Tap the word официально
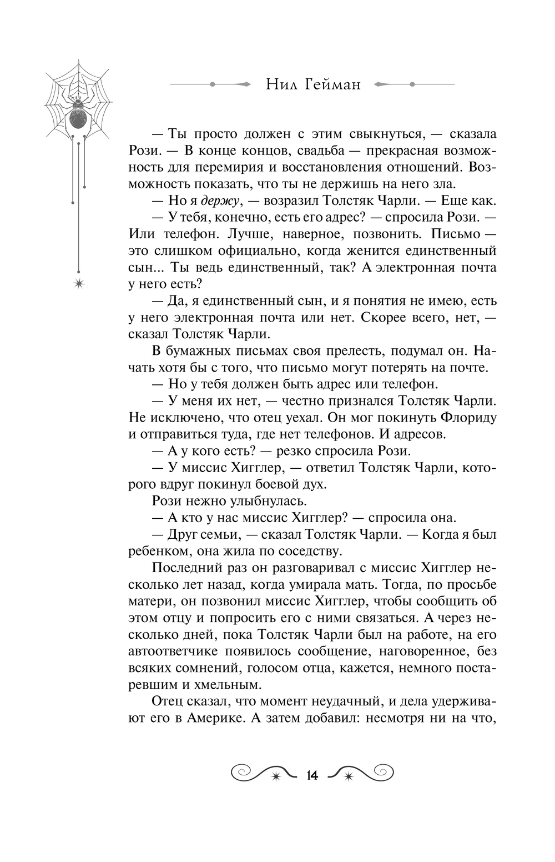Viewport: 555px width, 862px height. [259, 250]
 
